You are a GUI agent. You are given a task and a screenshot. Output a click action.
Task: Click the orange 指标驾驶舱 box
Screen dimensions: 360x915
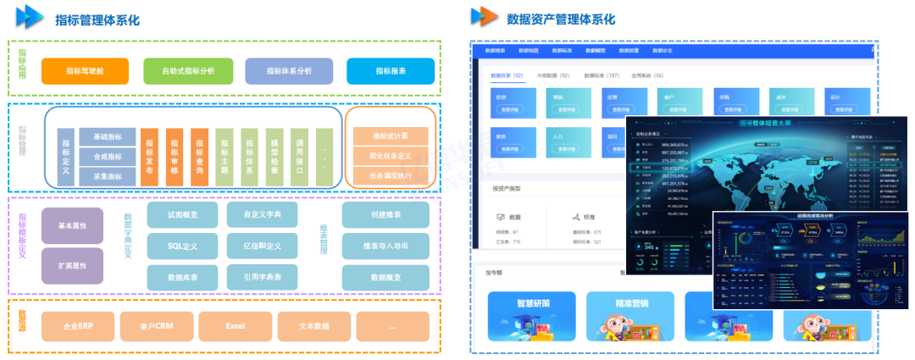pyautogui.click(x=84, y=71)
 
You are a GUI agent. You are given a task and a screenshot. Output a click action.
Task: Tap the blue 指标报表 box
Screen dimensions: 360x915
pyautogui.click(x=390, y=71)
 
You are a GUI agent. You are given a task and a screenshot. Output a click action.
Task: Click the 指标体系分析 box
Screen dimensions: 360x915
pyautogui.click(x=289, y=71)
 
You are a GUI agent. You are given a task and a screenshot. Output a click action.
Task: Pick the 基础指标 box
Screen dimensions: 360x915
pyautogui.click(x=107, y=138)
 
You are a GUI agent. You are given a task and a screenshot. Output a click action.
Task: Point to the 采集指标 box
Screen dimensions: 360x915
pyautogui.click(x=107, y=176)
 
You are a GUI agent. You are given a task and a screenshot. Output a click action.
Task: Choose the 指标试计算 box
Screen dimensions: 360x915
pyautogui.click(x=391, y=136)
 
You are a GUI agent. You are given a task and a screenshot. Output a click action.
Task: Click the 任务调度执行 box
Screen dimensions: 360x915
pyautogui.click(x=391, y=176)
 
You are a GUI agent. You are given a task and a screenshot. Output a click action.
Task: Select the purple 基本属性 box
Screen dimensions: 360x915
pyautogui.click(x=72, y=226)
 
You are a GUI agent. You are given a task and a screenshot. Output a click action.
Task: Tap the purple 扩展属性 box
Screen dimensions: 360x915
pyautogui.click(x=72, y=265)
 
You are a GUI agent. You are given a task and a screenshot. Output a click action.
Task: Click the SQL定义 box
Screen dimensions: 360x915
pyautogui.click(x=183, y=246)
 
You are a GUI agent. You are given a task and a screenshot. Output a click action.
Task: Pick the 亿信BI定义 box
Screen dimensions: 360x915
pyautogui.click(x=263, y=246)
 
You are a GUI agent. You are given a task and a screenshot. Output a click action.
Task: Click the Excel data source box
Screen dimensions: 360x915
pyautogui.click(x=235, y=326)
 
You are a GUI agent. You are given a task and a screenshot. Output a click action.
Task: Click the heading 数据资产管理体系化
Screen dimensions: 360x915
pyautogui.click(x=560, y=19)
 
